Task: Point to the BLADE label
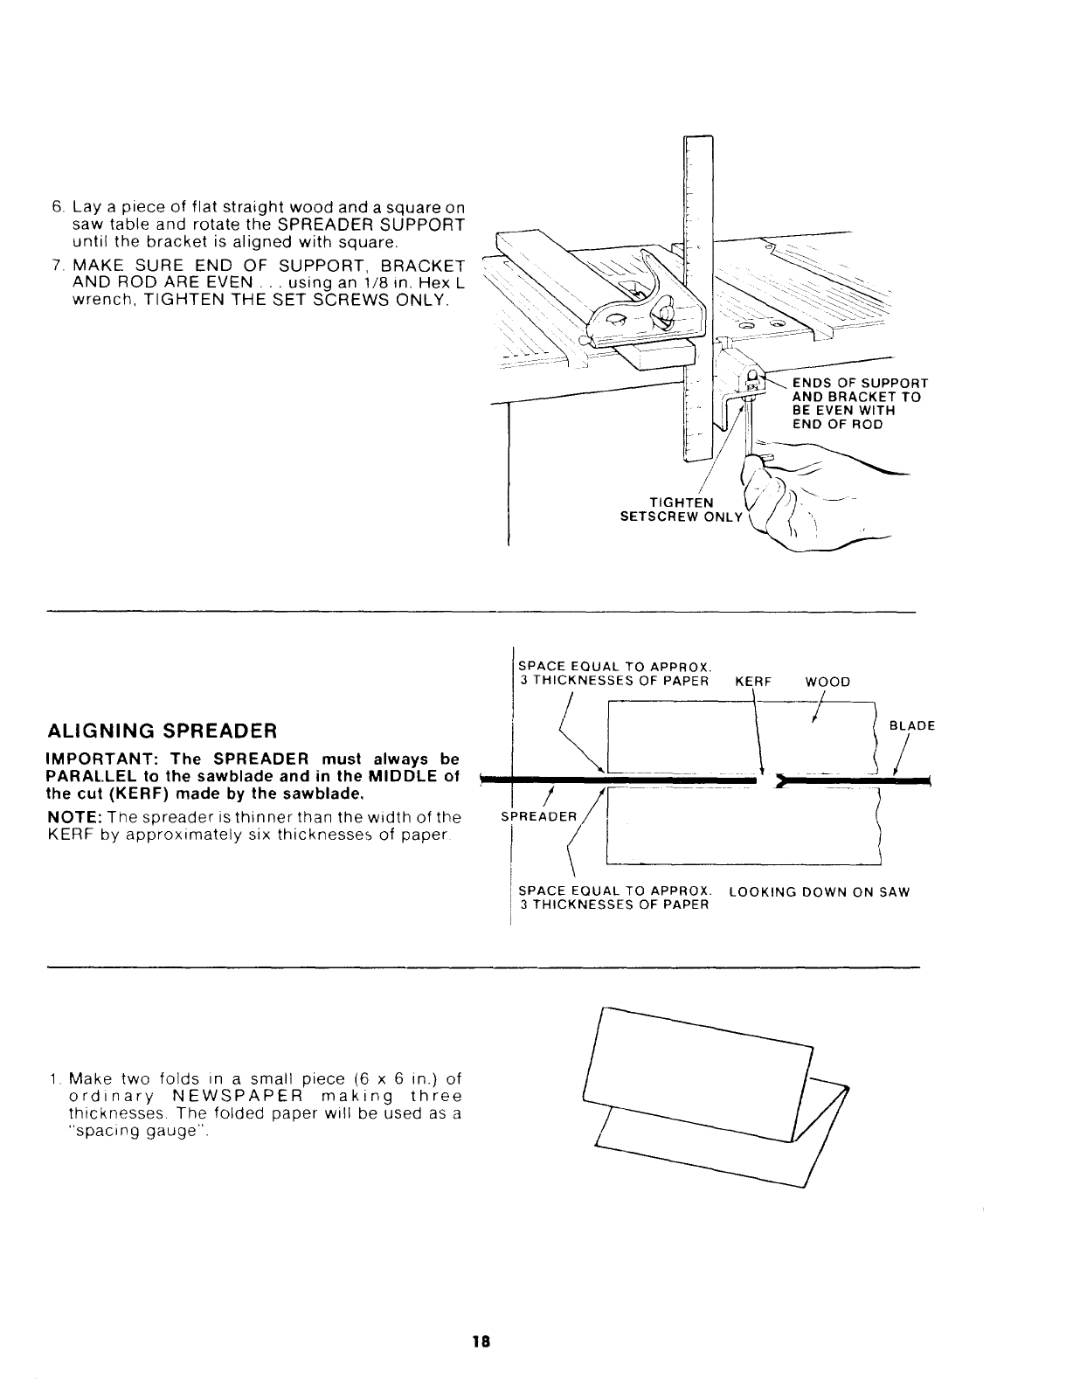[911, 725]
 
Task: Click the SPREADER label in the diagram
[538, 817]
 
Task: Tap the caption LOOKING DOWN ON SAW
[819, 892]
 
